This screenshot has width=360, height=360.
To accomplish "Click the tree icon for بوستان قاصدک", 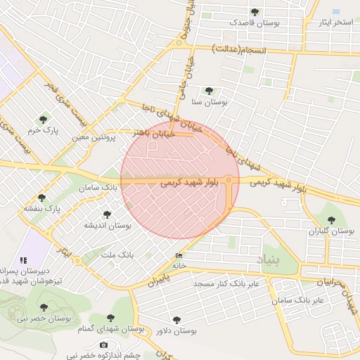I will (255, 12).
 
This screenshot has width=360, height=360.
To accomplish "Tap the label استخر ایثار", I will (335, 22).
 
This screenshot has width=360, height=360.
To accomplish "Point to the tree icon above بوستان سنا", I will (209, 90).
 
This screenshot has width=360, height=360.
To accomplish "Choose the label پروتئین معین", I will (93, 137).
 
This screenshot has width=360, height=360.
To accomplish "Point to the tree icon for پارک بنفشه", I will (41, 198).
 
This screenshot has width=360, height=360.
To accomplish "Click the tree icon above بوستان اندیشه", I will (107, 214).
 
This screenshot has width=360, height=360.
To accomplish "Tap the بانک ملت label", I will (117, 253).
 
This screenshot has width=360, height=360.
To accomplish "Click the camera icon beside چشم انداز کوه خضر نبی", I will (104, 345).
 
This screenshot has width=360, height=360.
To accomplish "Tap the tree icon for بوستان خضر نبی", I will (44, 307).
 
